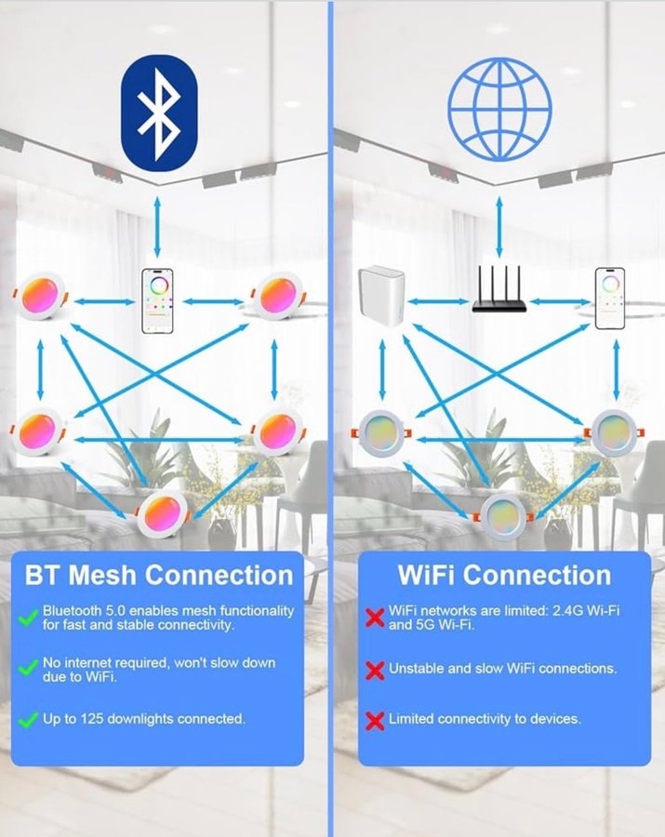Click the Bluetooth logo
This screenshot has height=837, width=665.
(159, 113)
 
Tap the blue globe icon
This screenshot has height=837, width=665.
(499, 110)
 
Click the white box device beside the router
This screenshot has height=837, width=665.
(381, 298)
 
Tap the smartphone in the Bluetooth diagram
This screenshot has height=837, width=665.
(157, 301)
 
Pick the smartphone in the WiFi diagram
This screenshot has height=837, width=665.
(609, 299)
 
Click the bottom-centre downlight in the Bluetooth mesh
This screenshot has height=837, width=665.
(162, 513)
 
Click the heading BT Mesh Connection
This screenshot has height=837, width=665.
(159, 575)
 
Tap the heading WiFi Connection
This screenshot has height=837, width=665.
(504, 575)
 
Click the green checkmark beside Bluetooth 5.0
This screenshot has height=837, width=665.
(28, 618)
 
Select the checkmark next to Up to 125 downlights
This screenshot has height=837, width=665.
(28, 720)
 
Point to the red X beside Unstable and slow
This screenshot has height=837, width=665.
(375, 670)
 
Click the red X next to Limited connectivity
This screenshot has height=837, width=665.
(375, 720)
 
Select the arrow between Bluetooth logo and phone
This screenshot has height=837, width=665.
(157, 227)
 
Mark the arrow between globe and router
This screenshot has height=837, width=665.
(499, 227)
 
